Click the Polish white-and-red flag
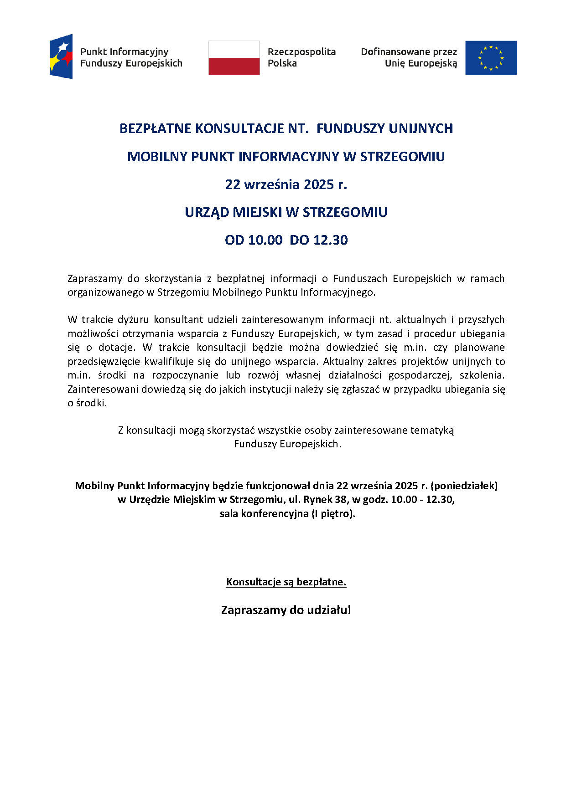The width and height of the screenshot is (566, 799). tap(234, 57)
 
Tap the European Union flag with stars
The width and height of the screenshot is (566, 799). tap(491, 57)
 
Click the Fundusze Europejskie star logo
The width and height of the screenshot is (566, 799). tap(61, 56)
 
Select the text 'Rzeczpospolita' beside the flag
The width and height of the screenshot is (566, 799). tap(301, 52)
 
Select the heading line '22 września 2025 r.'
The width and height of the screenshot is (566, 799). tap(286, 184)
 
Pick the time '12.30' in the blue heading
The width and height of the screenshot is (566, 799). tap(331, 240)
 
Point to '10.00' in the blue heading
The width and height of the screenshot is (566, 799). tap(265, 240)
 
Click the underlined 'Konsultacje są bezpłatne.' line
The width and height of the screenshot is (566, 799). tap(286, 582)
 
